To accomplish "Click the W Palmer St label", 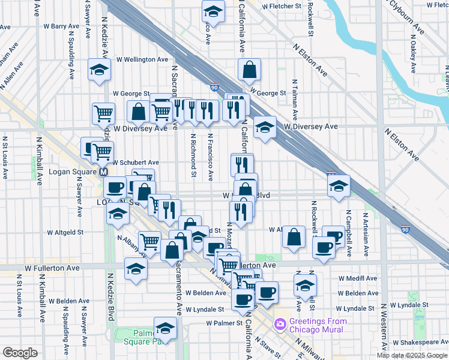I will (x=223, y=323).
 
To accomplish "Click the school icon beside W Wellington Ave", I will (x=99, y=70).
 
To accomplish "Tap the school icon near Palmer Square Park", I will (x=165, y=329).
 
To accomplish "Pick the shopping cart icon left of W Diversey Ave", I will (x=104, y=113).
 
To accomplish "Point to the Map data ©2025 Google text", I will (x=412, y=355).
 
